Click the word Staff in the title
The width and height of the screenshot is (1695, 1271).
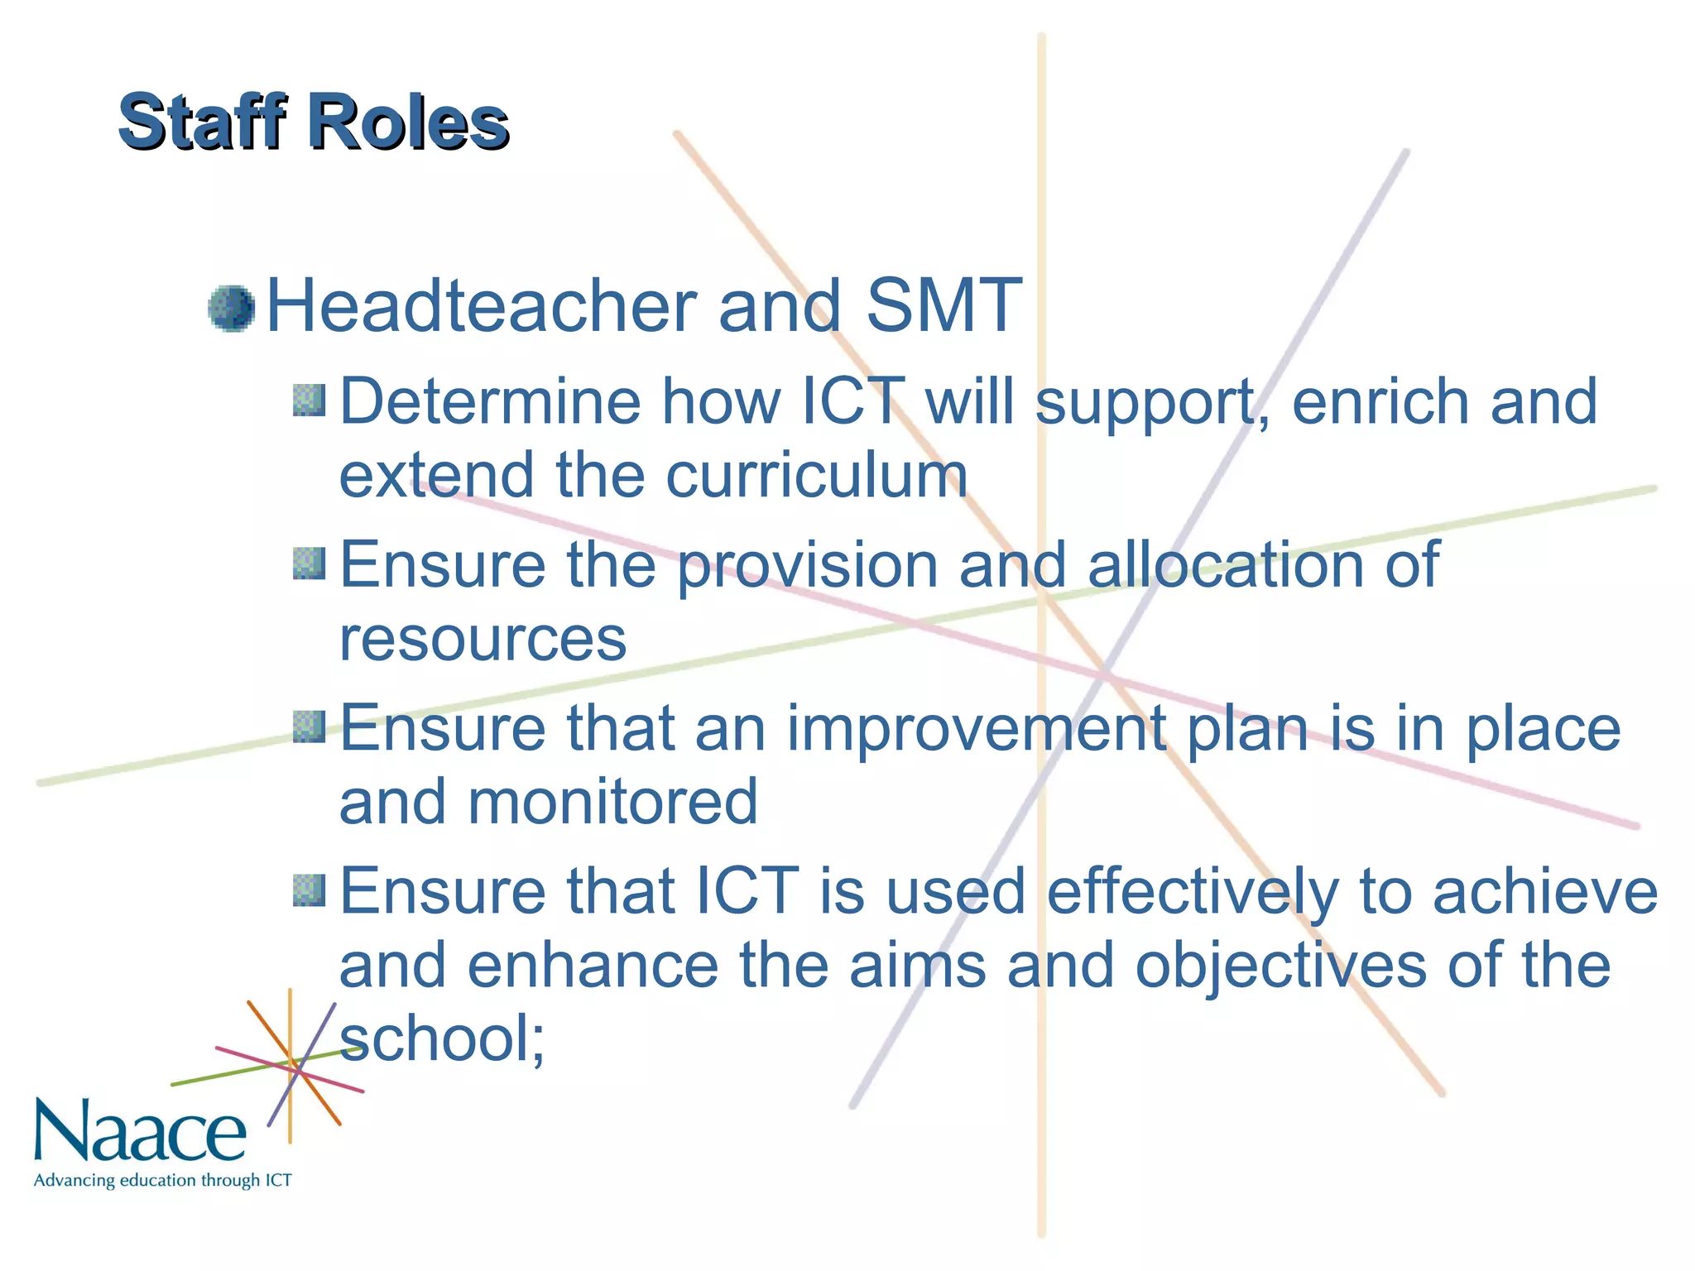point(202,122)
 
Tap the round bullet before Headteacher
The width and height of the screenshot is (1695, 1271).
point(231,309)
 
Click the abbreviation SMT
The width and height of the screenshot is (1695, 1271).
point(943,305)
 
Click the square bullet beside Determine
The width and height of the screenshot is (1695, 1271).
point(309,400)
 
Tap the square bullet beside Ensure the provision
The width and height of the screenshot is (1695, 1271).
point(309,564)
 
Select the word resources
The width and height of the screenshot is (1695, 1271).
point(483,639)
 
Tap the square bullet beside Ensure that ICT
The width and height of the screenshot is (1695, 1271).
point(309,890)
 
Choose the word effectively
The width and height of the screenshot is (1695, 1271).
point(1192,892)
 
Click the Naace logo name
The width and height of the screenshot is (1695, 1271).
point(141,1130)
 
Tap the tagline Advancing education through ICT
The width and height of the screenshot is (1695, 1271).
point(163,1180)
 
